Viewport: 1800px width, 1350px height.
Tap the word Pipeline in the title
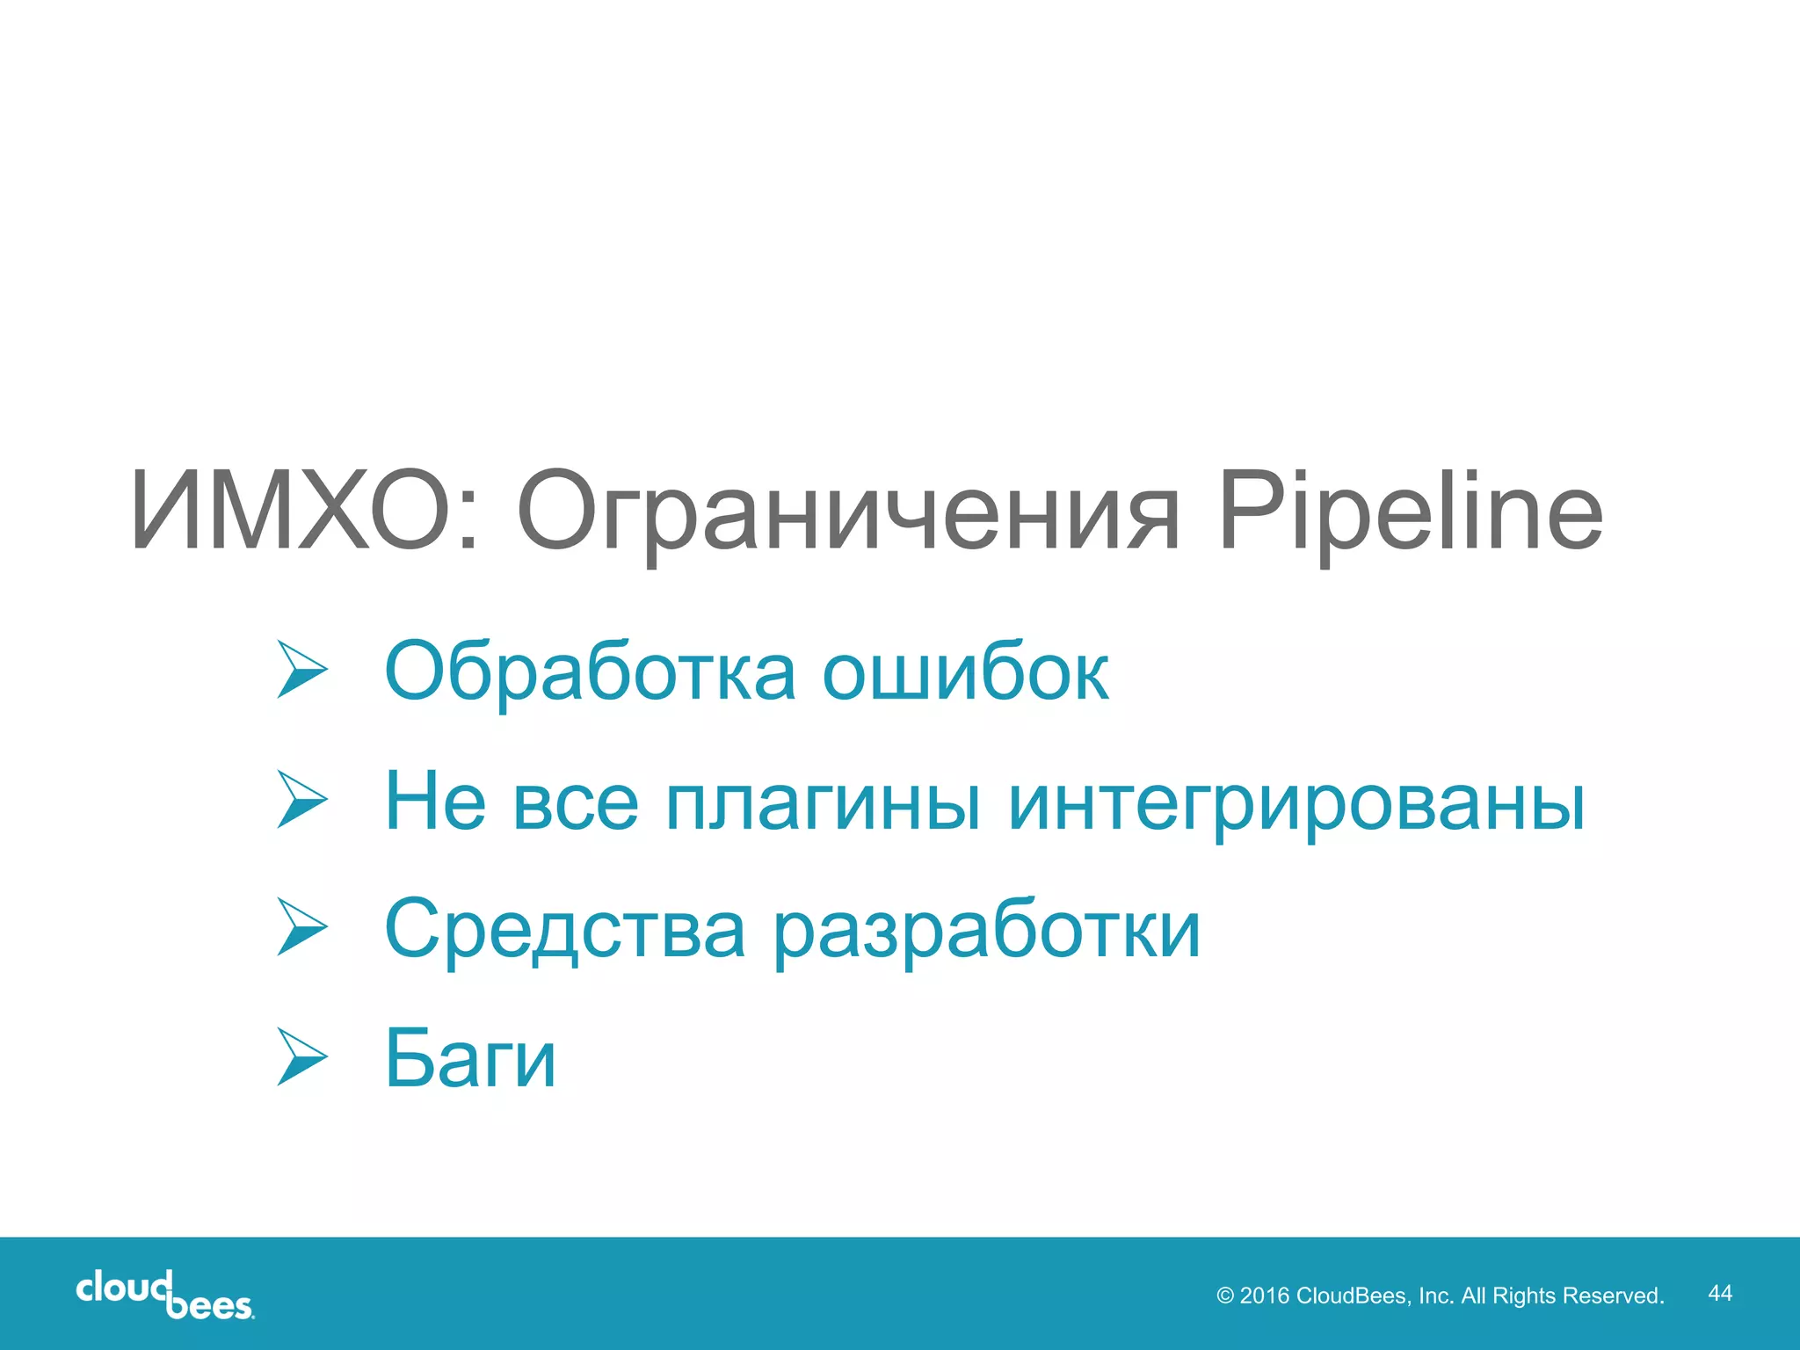click(x=1410, y=513)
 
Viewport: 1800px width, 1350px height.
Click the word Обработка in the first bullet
click(x=590, y=671)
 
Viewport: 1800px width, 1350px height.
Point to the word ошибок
click(x=965, y=673)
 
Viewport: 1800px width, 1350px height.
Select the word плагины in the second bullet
click(x=822, y=802)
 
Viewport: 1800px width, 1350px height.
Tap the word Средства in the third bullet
click(x=565, y=930)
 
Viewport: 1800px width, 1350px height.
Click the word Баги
click(x=470, y=1058)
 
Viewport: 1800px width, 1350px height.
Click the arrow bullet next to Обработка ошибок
click(x=301, y=670)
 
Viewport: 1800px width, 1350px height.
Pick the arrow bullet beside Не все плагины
click(x=301, y=799)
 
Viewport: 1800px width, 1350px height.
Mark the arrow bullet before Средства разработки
click(x=301, y=926)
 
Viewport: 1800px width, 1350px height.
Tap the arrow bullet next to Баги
click(x=301, y=1056)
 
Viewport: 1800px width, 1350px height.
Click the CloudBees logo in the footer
click(x=165, y=1295)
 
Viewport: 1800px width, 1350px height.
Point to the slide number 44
click(x=1719, y=1293)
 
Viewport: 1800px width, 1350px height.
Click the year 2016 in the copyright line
click(x=1264, y=1296)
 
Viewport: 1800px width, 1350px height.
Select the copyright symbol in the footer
click(x=1225, y=1296)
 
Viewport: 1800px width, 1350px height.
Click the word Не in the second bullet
click(x=435, y=802)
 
